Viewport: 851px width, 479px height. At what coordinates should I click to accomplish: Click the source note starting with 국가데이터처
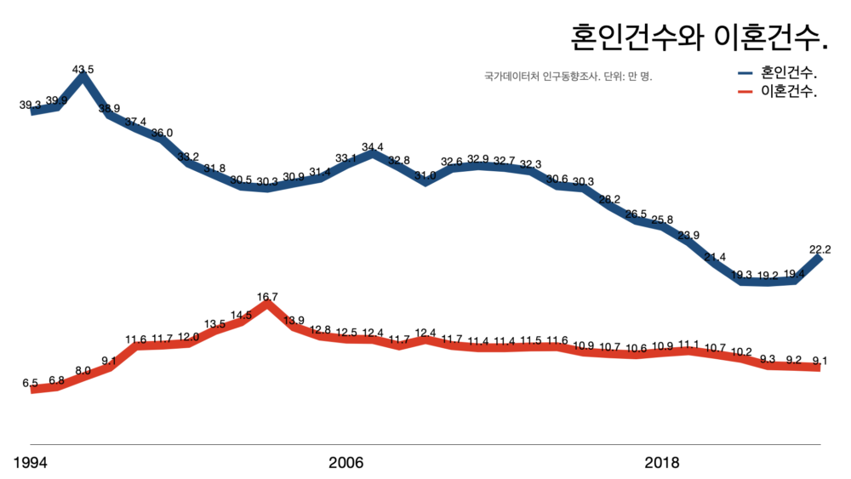pyautogui.click(x=568, y=77)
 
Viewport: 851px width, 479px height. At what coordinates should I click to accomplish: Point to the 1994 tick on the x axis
pyautogui.click(x=31, y=463)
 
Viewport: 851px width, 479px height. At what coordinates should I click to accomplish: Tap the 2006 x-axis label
pyautogui.click(x=346, y=463)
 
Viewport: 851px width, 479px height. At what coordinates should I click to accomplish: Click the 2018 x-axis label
pyautogui.click(x=662, y=463)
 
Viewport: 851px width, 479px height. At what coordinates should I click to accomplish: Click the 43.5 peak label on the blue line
pyautogui.click(x=83, y=69)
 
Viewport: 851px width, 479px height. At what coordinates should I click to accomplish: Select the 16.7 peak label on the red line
pyautogui.click(x=267, y=297)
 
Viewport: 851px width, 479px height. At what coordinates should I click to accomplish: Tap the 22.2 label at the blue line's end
pyautogui.click(x=820, y=249)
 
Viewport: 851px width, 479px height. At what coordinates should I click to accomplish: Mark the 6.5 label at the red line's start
pyautogui.click(x=31, y=384)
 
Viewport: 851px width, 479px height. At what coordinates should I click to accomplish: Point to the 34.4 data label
pyautogui.click(x=373, y=147)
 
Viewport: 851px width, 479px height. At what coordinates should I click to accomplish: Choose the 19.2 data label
pyautogui.click(x=768, y=275)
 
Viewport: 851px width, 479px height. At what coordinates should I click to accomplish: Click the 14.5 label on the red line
pyautogui.click(x=241, y=315)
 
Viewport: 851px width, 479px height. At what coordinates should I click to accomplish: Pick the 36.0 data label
pyautogui.click(x=162, y=133)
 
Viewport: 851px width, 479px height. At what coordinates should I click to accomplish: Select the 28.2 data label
pyautogui.click(x=609, y=200)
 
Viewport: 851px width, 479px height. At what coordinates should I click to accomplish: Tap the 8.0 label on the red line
pyautogui.click(x=83, y=371)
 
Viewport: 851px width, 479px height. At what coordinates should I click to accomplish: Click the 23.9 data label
pyautogui.click(x=688, y=236)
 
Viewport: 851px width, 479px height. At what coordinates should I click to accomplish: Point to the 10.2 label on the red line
pyautogui.click(x=741, y=351)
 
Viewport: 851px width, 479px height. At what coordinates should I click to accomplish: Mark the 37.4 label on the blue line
pyautogui.click(x=135, y=122)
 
